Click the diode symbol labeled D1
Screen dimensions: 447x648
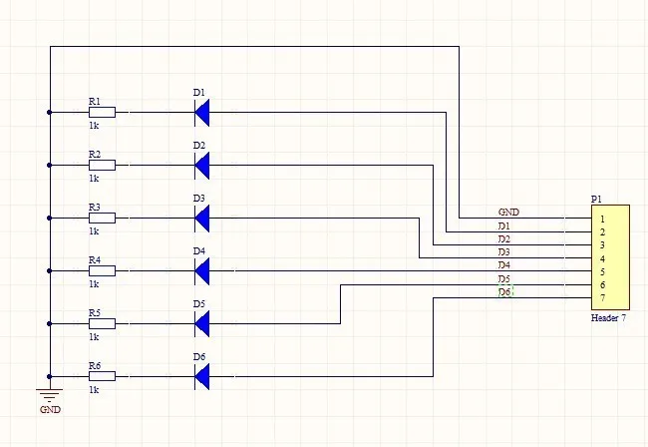click(202, 113)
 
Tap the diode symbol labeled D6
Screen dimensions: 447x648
click(202, 376)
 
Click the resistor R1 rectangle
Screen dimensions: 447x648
click(102, 113)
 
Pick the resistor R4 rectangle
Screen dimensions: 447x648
click(102, 270)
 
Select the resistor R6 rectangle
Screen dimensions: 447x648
click(102, 376)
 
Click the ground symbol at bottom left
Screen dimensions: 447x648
click(49, 394)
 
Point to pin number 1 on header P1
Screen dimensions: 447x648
click(602, 219)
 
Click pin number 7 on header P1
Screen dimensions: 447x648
click(602, 298)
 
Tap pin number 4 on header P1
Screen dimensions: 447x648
click(602, 258)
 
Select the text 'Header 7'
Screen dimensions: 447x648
click(608, 318)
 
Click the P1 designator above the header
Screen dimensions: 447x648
click(597, 200)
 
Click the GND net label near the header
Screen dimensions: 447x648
click(508, 213)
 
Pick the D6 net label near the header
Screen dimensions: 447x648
click(504, 292)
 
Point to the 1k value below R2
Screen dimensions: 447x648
click(94, 178)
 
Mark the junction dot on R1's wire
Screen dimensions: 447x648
click(49, 113)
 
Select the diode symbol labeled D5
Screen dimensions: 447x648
click(202, 323)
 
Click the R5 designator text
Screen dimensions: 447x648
click(94, 312)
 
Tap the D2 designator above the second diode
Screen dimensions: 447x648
click(199, 146)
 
